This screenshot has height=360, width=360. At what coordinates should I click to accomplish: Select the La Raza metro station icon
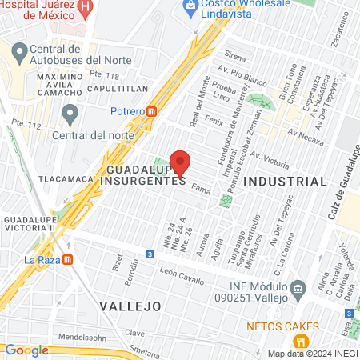click(68, 259)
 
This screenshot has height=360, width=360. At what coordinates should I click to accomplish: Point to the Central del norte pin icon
click(70, 115)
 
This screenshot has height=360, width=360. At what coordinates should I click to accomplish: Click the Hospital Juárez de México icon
click(87, 6)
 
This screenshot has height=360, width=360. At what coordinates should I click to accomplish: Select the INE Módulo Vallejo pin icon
click(298, 287)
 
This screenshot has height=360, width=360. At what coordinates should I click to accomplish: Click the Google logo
click(26, 350)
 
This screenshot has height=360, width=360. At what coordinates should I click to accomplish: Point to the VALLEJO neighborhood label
click(130, 306)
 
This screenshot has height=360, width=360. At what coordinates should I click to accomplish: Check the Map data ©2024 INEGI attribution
click(312, 354)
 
